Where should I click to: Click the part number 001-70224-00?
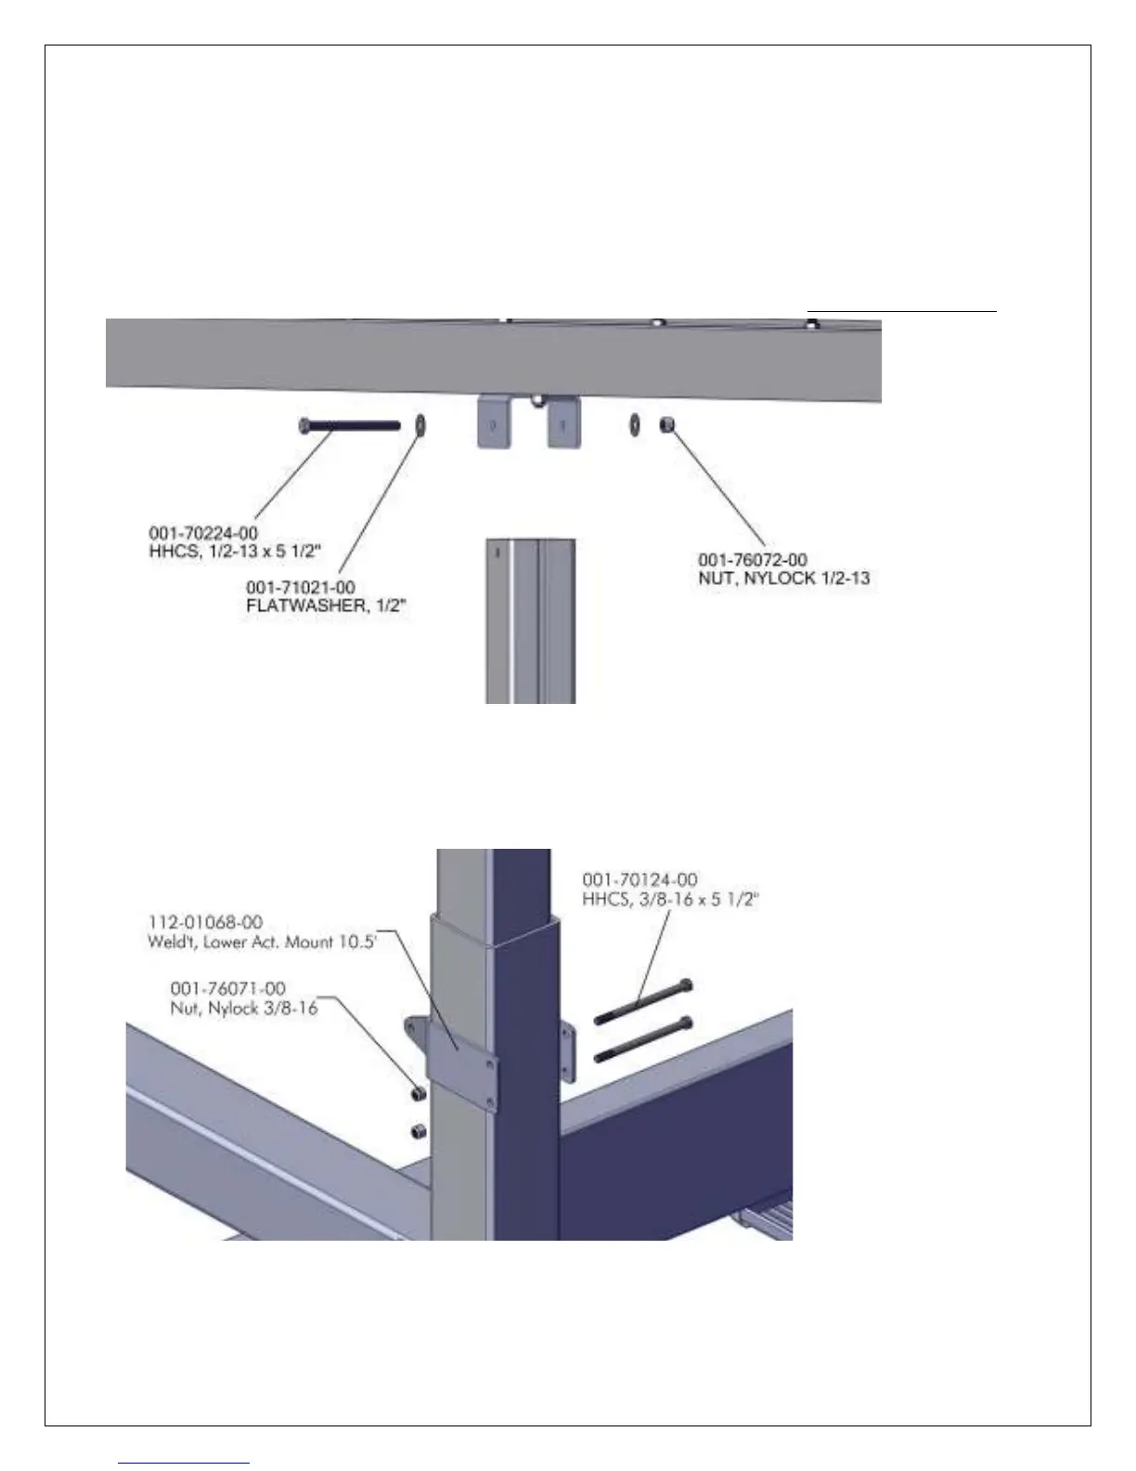click(x=203, y=533)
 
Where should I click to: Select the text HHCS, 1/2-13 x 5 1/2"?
click(x=235, y=551)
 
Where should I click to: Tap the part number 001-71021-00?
click(x=301, y=588)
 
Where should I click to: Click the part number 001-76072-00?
click(x=753, y=560)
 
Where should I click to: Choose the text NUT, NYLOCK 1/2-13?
click(x=784, y=579)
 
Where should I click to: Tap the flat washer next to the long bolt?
click(x=419, y=425)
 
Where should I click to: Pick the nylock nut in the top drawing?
click(x=665, y=425)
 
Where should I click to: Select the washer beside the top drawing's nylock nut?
click(x=634, y=425)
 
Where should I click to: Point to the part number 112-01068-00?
click(x=205, y=922)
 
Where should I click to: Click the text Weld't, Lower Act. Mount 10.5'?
click(x=262, y=941)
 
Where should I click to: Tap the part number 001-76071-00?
click(x=228, y=989)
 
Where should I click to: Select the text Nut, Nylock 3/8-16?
click(x=243, y=1008)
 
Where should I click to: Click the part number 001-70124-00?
click(x=639, y=879)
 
